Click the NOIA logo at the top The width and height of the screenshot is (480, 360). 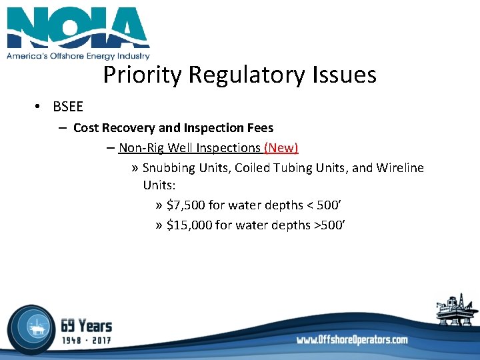(x=78, y=29)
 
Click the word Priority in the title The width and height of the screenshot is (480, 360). (x=143, y=75)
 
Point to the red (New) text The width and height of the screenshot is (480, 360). (x=281, y=147)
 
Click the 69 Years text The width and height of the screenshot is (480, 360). (x=86, y=326)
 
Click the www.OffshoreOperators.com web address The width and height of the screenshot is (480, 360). (x=352, y=340)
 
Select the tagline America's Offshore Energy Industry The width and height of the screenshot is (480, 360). (x=78, y=57)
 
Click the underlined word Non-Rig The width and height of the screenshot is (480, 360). (x=141, y=147)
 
